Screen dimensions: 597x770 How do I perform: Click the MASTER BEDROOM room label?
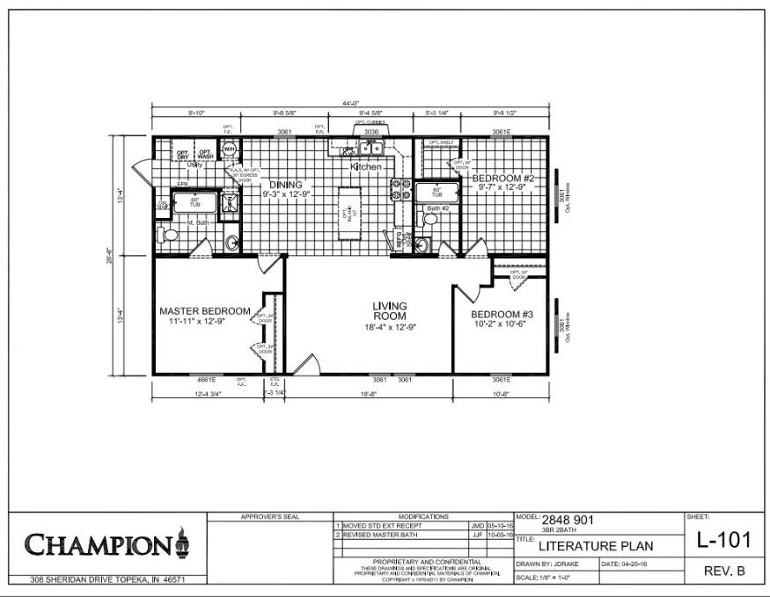204,311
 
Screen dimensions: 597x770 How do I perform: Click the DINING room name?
285,184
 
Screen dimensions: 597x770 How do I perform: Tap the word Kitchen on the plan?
366,166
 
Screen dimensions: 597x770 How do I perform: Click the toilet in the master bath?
163,235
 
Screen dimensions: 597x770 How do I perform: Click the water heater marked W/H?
229,149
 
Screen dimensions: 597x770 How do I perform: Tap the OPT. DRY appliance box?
183,155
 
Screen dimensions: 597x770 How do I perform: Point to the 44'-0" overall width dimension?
349,104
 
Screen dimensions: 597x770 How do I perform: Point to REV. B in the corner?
724,572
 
